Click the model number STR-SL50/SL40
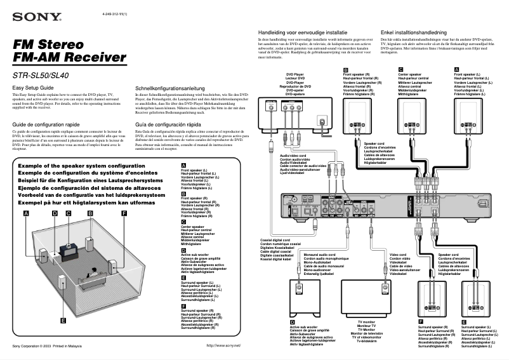click(x=41, y=76)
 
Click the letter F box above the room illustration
click(x=124, y=213)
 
